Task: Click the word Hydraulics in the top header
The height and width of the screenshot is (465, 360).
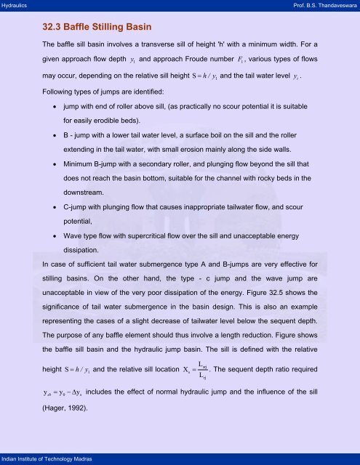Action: pos(15,5)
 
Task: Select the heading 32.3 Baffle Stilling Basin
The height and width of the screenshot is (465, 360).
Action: pos(97,28)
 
